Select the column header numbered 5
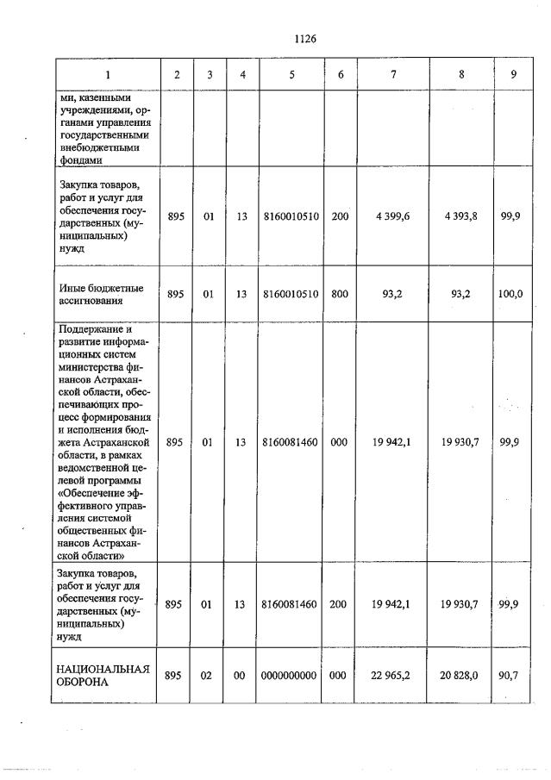[x=292, y=74]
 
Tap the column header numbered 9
[x=513, y=74]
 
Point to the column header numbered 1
[x=107, y=74]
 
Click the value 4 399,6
[x=392, y=216]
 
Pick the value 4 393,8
[x=461, y=216]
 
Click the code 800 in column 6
[x=341, y=294]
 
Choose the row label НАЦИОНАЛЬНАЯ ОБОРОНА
[x=103, y=675]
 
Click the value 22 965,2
[x=392, y=675]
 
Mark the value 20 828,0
[x=461, y=675]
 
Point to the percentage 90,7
[x=513, y=675]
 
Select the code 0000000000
[x=292, y=675]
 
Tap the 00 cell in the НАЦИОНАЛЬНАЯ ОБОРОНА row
[x=241, y=675]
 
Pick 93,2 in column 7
[x=392, y=294]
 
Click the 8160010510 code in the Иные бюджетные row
[x=292, y=294]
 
